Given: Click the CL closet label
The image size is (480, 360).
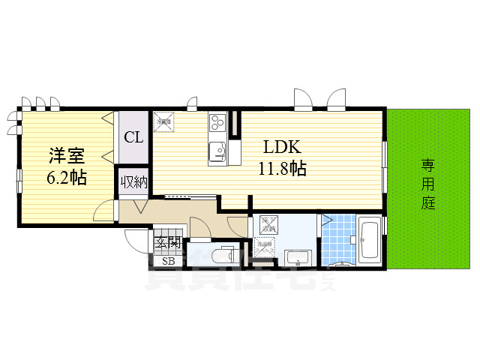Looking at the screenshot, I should pyautogui.click(x=133, y=137).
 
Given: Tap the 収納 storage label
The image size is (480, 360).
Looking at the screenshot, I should pyautogui.click(x=133, y=182).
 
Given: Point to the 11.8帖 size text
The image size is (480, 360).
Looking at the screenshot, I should pyautogui.click(x=282, y=169).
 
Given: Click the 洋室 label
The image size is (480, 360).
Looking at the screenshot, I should pyautogui.click(x=67, y=157).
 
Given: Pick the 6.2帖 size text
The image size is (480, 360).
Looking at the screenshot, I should pyautogui.click(x=67, y=178).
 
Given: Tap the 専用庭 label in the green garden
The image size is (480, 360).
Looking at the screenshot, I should pyautogui.click(x=427, y=184).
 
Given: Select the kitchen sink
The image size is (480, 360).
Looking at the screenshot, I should pyautogui.click(x=217, y=150).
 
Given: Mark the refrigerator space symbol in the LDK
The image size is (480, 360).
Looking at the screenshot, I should pyautogui.click(x=164, y=121).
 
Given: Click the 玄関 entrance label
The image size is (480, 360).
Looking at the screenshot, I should pyautogui.click(x=168, y=242).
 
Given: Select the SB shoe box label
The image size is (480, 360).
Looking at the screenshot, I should pyautogui.click(x=168, y=261).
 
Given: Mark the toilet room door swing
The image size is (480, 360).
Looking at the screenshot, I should pyautogui.click(x=199, y=227).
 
